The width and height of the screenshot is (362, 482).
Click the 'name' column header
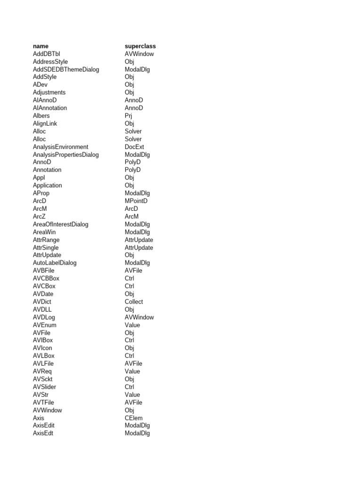click(41, 46)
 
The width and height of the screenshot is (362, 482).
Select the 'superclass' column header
click(140, 46)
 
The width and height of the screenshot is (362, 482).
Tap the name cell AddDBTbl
click(47, 54)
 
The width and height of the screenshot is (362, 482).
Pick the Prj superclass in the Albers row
click(129, 116)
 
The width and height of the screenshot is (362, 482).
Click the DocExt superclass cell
click(134, 147)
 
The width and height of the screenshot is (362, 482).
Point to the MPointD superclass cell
click(136, 201)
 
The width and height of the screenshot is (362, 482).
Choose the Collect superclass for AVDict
click(134, 302)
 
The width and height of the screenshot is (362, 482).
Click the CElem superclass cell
click(133, 418)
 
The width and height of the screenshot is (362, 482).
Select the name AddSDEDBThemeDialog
click(66, 69)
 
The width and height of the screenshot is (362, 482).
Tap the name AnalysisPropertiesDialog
click(66, 154)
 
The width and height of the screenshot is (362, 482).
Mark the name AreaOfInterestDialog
click(61, 224)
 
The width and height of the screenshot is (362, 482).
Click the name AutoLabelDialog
click(55, 263)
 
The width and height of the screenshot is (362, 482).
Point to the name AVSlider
click(44, 387)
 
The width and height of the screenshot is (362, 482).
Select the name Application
click(48, 185)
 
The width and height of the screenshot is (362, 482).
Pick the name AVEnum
click(44, 325)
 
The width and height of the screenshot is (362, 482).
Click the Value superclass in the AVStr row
click(132, 394)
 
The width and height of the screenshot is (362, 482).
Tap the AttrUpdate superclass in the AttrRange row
click(139, 240)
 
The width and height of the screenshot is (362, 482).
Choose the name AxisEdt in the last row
click(43, 433)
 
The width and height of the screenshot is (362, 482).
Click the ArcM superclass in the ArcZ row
click(132, 217)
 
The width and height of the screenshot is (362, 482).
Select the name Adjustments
click(49, 92)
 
